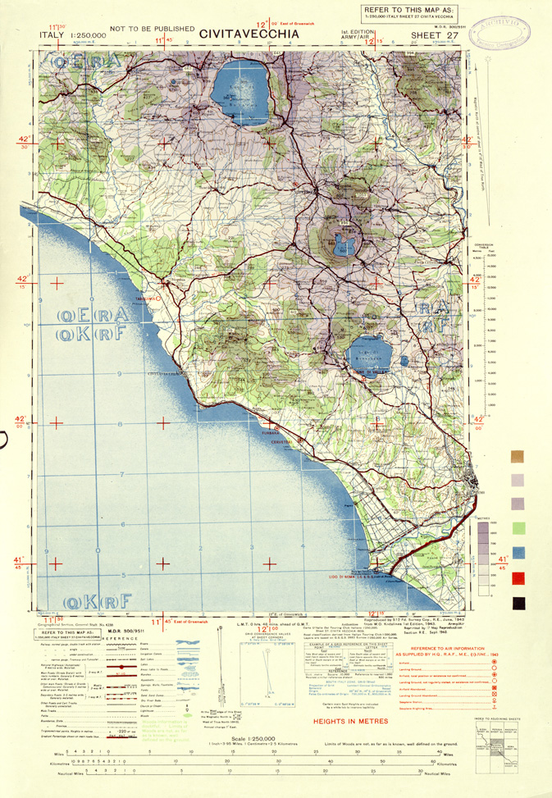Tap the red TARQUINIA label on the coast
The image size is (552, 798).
click(x=148, y=299)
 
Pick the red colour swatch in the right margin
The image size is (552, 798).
click(x=518, y=579)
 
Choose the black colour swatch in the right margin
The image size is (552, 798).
click(x=518, y=604)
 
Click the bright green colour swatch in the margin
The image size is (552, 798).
click(x=518, y=527)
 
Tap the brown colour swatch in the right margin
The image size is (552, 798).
click(x=518, y=456)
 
